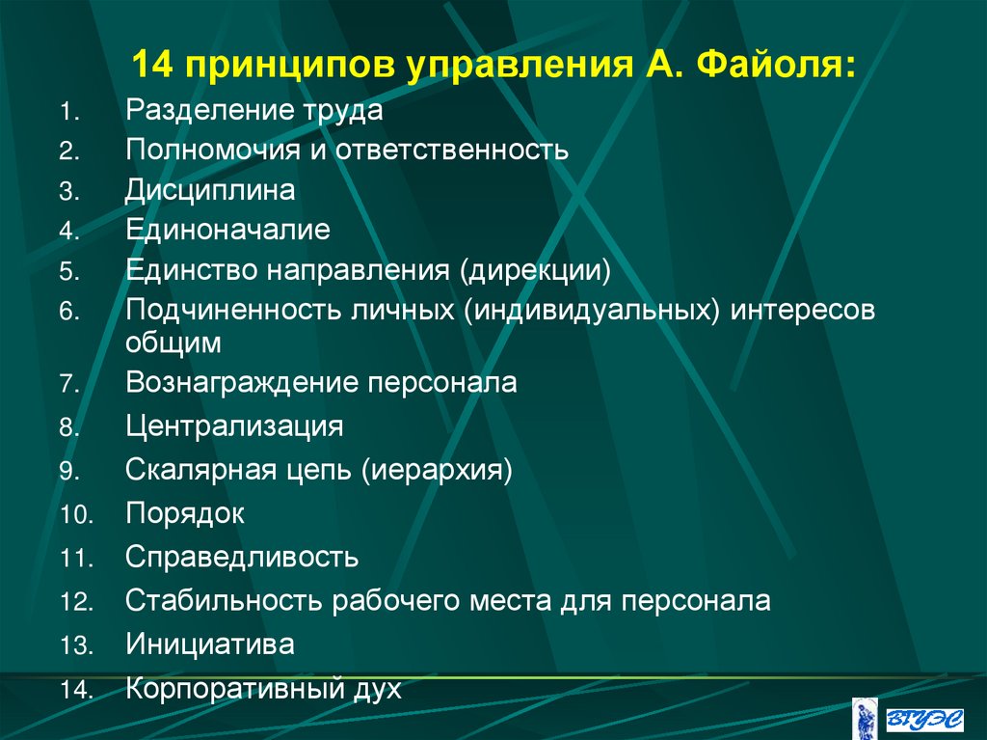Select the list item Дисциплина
point(209,190)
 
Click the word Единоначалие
point(227,231)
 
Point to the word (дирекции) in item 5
point(535,270)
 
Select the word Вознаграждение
point(241,383)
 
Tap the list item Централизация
point(233,425)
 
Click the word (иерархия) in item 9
point(437,470)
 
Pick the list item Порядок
point(184,513)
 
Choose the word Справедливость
point(242,557)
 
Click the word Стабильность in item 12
point(224,601)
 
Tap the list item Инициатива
point(209,644)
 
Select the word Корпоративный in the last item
point(236,689)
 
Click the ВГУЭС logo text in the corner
point(925,715)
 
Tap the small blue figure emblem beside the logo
point(866,716)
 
